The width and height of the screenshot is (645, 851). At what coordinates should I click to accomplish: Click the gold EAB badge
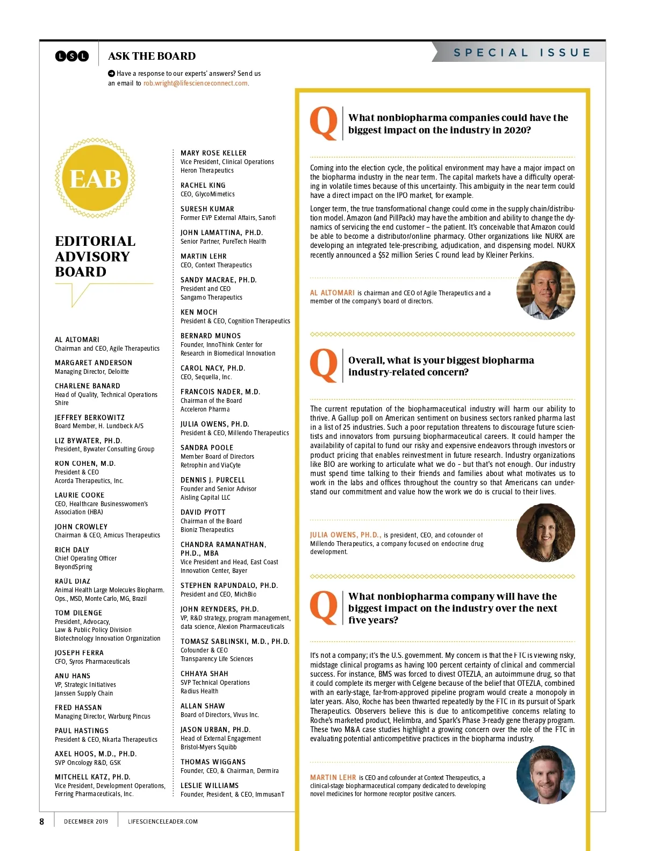click(x=95, y=178)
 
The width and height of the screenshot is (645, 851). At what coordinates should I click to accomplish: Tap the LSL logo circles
click(x=72, y=56)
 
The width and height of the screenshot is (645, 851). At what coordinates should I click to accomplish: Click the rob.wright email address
click(x=196, y=83)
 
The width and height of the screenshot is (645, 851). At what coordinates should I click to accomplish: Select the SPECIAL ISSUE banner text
click(x=522, y=53)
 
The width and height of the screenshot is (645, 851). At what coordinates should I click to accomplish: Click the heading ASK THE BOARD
click(x=152, y=56)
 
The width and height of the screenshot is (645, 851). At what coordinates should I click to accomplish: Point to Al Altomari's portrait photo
click(x=546, y=290)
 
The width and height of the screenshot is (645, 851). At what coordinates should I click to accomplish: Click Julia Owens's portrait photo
click(x=546, y=533)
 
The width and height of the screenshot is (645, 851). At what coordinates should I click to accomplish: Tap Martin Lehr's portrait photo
click(x=546, y=775)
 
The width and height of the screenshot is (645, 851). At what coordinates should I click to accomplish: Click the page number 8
click(x=42, y=821)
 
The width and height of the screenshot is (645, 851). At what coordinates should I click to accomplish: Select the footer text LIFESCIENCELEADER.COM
click(x=163, y=821)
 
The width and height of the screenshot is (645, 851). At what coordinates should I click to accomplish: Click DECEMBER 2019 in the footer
click(x=86, y=821)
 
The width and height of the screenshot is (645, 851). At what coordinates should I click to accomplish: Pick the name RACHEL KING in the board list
click(x=203, y=185)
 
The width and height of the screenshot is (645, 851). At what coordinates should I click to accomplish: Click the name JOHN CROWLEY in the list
click(x=81, y=527)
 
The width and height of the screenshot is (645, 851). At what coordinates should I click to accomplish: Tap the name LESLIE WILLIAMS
click(x=210, y=785)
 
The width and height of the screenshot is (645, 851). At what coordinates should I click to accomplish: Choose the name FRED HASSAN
click(x=78, y=707)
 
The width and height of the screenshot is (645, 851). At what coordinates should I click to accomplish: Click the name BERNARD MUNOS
click(x=211, y=336)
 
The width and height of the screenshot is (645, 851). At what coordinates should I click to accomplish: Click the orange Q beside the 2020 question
click(x=324, y=123)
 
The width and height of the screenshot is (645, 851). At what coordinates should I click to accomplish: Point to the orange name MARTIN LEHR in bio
click(x=333, y=777)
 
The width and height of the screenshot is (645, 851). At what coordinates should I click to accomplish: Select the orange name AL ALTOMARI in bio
click(x=332, y=293)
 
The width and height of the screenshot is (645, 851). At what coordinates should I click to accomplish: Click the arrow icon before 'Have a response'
click(x=111, y=73)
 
